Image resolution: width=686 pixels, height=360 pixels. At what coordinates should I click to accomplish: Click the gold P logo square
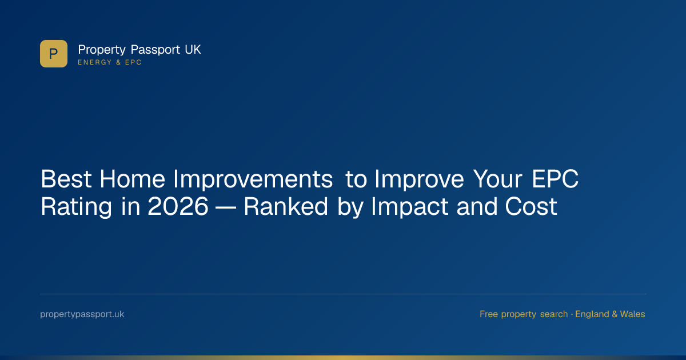click(x=54, y=54)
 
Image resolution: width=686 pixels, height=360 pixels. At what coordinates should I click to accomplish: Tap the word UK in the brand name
click(x=193, y=50)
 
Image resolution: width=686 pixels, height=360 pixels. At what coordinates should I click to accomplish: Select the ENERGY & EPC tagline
click(x=110, y=62)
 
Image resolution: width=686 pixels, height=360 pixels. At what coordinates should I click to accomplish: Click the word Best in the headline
click(x=66, y=179)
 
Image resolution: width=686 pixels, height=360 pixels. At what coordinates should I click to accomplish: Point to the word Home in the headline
click(x=133, y=179)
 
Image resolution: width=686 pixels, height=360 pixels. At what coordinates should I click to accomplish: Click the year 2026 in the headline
click(x=178, y=207)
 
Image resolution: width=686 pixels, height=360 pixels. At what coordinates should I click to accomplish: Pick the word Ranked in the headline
click(x=286, y=207)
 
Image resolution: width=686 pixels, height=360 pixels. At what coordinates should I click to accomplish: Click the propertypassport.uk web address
click(x=82, y=314)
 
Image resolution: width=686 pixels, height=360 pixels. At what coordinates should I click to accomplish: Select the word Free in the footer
click(x=488, y=314)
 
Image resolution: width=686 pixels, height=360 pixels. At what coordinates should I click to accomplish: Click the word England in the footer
click(x=594, y=314)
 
